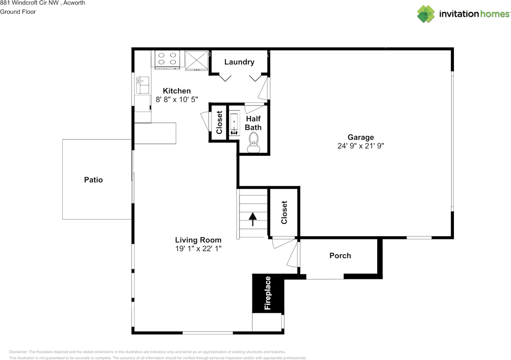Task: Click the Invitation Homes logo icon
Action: point(426,14)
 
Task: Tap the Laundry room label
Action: point(239,62)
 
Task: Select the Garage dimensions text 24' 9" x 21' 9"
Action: point(360,146)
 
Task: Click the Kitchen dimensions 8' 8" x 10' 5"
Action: point(177,99)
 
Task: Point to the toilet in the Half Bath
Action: point(254,143)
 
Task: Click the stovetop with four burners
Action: point(167,60)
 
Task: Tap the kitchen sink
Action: point(143,85)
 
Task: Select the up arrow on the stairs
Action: point(253,219)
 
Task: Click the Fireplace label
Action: point(267,293)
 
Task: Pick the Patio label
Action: point(93,180)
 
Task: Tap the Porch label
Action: point(340,256)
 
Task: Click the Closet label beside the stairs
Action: point(284,213)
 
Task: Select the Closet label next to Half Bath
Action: point(219,122)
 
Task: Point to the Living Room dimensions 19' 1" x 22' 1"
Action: point(198,249)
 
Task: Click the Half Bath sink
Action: point(234,123)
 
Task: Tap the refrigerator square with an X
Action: point(197,60)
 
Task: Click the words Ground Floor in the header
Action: point(18,12)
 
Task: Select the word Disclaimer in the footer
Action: point(18,352)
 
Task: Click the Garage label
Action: point(360,137)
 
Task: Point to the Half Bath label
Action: point(253,123)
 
